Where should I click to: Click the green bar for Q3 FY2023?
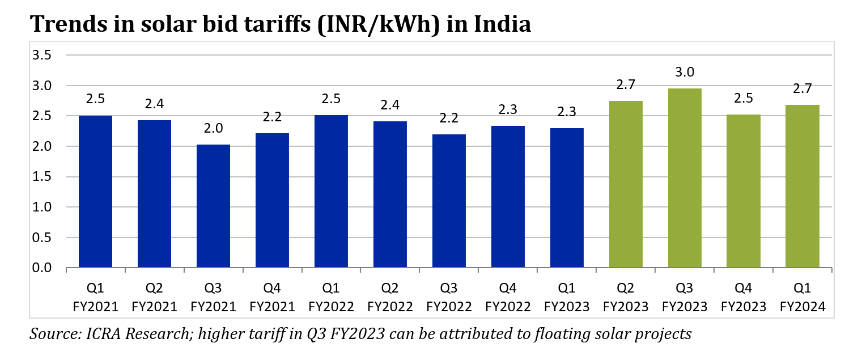pyautogui.click(x=685, y=178)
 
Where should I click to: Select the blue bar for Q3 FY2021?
pyautogui.click(x=213, y=206)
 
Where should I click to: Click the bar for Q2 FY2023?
pyautogui.click(x=626, y=184)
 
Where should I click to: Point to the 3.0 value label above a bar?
pyautogui.click(x=685, y=73)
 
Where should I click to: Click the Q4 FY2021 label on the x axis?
pyautogui.click(x=272, y=298)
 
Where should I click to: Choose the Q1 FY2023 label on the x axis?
pyautogui.click(x=567, y=298)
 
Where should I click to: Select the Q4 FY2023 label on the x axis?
pyautogui.click(x=744, y=298)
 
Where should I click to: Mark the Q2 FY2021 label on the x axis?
pyautogui.click(x=154, y=298)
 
